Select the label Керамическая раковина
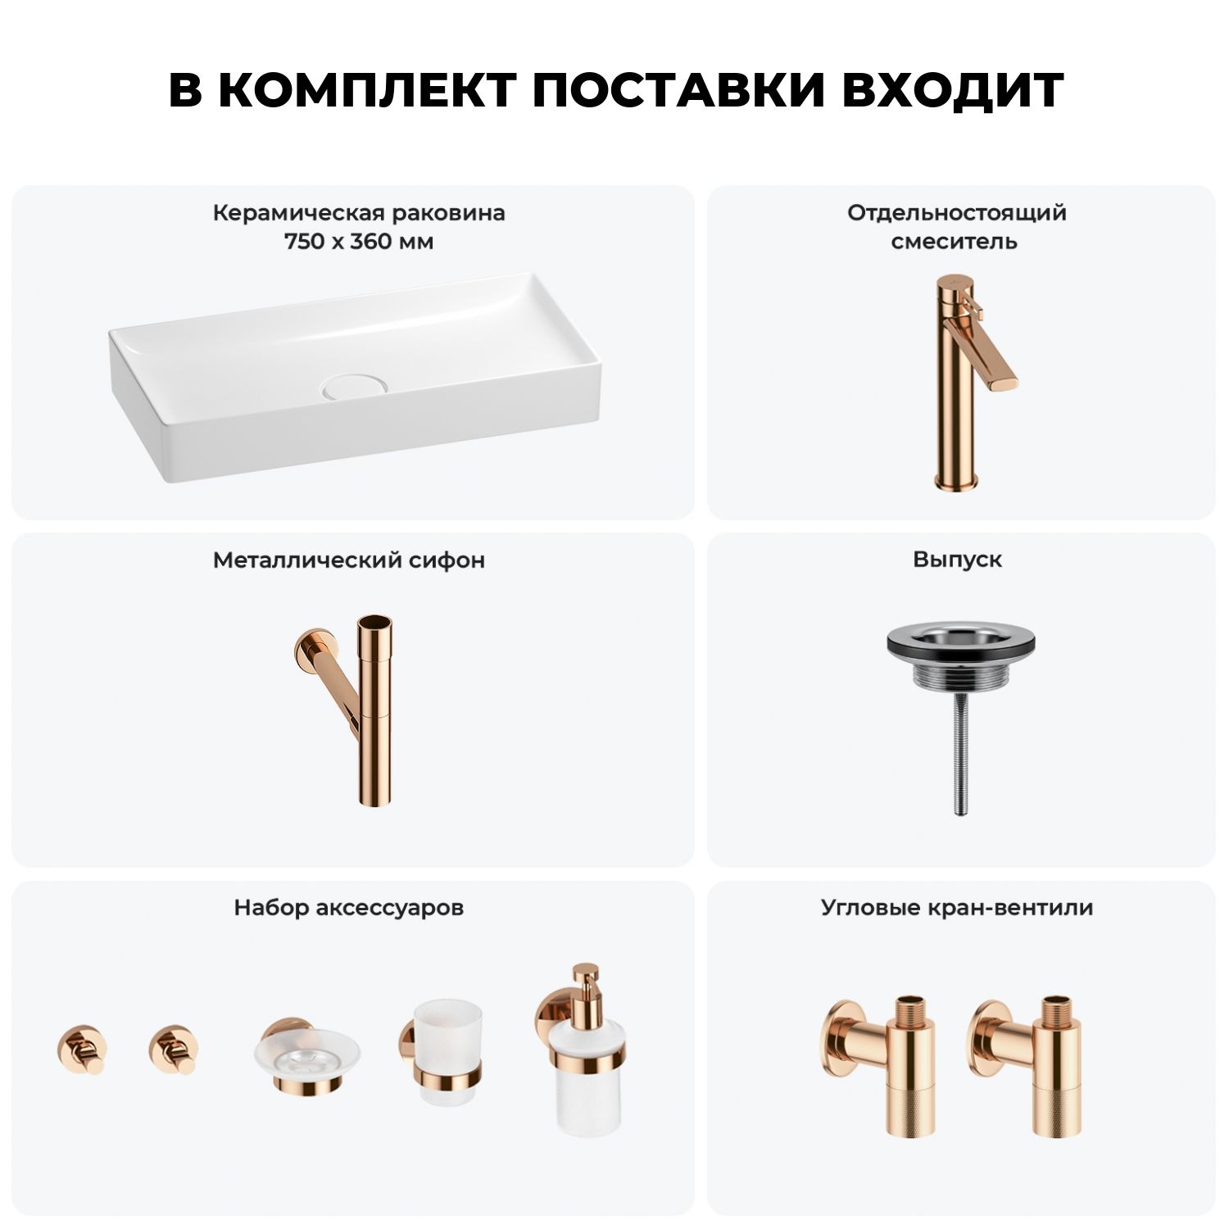(359, 213)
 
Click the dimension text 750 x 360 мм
(359, 242)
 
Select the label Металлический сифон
(349, 560)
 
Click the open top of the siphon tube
(374, 622)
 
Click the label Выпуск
(957, 560)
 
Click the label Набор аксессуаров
(349, 908)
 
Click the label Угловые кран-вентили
(957, 908)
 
